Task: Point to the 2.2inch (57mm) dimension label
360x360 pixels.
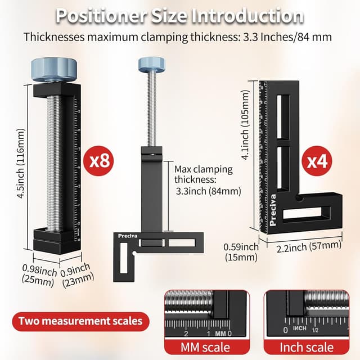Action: click(x=308, y=246)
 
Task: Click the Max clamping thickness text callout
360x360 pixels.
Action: click(x=208, y=179)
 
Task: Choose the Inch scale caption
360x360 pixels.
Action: click(x=307, y=347)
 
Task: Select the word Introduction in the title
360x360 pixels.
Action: click(x=251, y=15)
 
